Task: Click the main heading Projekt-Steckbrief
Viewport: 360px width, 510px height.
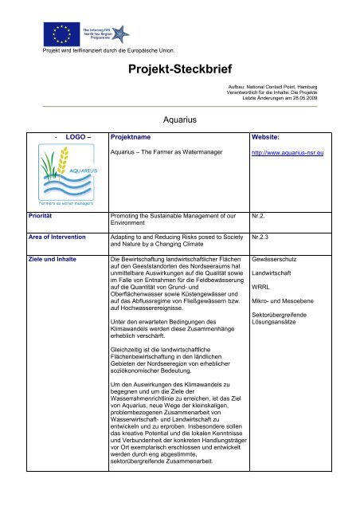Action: (179, 73)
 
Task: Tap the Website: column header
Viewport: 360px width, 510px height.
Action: (270, 137)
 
